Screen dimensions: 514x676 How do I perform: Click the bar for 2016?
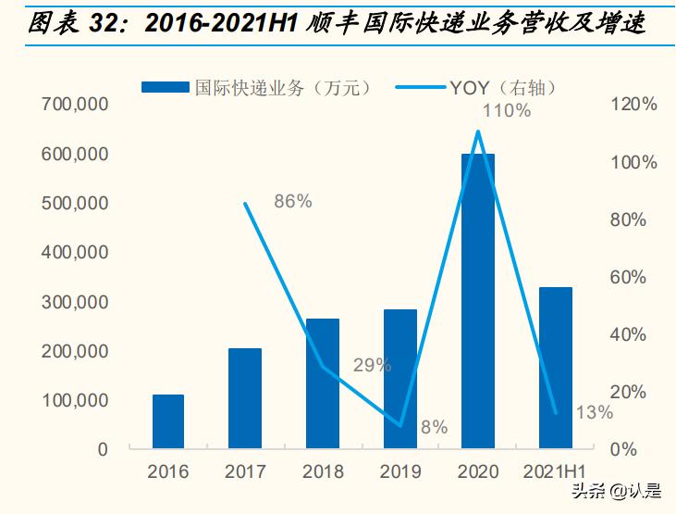click(168, 421)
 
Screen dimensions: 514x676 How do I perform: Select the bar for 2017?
click(245, 398)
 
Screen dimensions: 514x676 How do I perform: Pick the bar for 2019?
click(400, 379)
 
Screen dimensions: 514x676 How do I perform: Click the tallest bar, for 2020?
click(478, 301)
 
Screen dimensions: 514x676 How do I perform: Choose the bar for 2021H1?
click(556, 368)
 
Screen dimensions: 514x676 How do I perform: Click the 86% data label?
click(293, 201)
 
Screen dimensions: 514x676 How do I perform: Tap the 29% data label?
click(372, 365)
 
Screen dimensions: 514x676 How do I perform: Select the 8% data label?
click(434, 427)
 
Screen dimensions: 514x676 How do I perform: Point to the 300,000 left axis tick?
click(75, 302)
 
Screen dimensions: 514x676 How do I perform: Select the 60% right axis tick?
click(634, 277)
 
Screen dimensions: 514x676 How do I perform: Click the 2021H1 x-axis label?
click(556, 471)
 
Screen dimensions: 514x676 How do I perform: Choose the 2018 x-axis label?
click(323, 471)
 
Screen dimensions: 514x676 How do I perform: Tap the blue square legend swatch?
click(166, 87)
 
